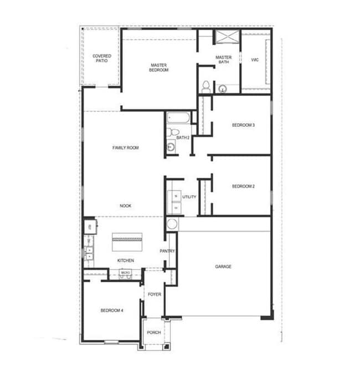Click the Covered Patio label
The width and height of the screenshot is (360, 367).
click(x=101, y=58)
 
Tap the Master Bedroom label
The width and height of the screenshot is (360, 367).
click(x=158, y=68)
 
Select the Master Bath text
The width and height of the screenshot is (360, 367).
click(x=223, y=59)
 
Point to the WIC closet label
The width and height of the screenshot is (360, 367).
click(x=255, y=59)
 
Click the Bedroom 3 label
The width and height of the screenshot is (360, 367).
click(x=243, y=125)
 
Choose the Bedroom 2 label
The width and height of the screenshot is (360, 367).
click(x=243, y=186)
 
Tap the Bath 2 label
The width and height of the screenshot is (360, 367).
click(x=183, y=137)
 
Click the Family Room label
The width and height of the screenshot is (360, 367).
click(x=125, y=148)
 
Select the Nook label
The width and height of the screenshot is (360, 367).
click(x=125, y=206)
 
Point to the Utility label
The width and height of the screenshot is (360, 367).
click(x=189, y=197)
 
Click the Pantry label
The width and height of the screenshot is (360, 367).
click(x=168, y=251)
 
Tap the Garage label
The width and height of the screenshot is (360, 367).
click(x=223, y=267)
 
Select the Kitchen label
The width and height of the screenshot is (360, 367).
click(x=125, y=261)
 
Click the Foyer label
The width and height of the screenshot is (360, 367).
click(x=154, y=294)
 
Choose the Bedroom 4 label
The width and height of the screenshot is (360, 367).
click(x=112, y=310)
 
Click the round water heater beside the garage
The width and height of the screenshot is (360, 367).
click(x=172, y=225)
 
